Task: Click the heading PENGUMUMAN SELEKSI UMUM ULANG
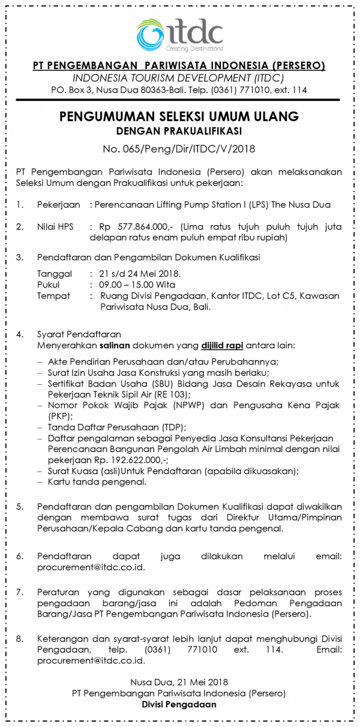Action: point(179,116)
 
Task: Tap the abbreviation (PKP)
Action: point(59,416)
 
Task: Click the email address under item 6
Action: point(91,567)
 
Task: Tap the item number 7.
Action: point(20,592)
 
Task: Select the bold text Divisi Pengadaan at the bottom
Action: point(179,705)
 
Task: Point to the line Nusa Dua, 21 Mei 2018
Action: point(179,683)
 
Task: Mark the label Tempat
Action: point(53,296)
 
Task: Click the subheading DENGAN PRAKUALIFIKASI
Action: point(179,130)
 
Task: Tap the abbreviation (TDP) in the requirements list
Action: point(172,427)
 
